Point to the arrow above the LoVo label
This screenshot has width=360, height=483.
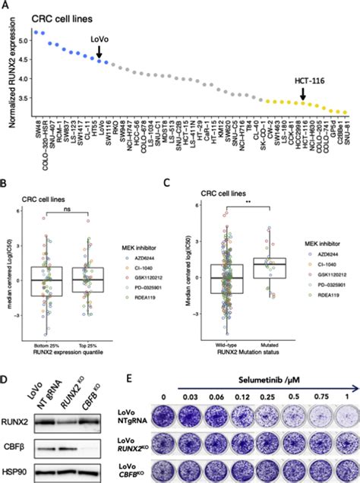point(99,51)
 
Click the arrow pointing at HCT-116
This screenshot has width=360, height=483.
point(302,93)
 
